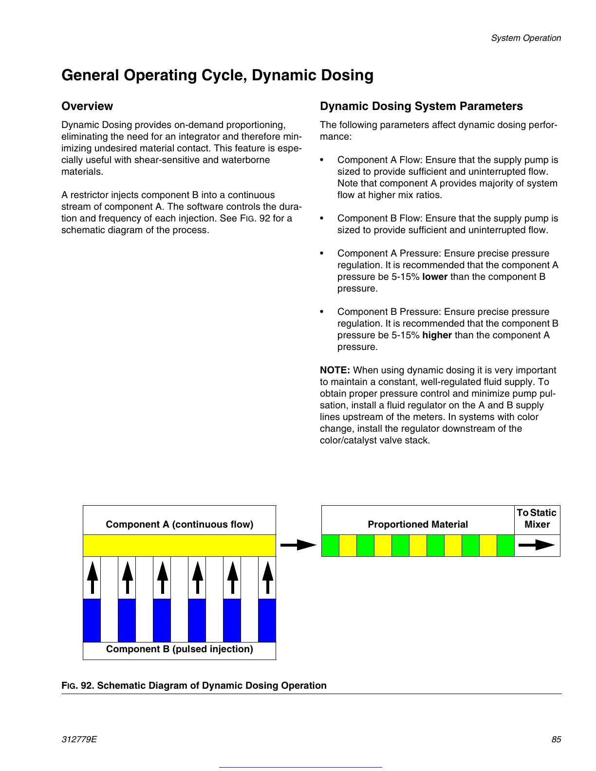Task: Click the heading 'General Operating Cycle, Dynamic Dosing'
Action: (217, 75)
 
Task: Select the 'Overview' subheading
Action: (87, 106)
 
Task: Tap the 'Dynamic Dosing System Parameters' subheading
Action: (421, 106)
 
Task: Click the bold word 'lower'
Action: (435, 277)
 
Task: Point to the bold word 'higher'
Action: (437, 335)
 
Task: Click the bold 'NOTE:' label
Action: (335, 370)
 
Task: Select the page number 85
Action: (556, 739)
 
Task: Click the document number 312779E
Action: (79, 739)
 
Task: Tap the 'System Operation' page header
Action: (526, 38)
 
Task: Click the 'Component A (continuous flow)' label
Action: (180, 524)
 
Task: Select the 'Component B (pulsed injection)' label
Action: (180, 649)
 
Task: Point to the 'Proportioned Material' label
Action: (418, 524)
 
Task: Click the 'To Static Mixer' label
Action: (537, 519)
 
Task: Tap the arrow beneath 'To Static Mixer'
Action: (537, 545)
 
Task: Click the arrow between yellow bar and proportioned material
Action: (298, 545)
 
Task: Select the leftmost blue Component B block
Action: (92, 620)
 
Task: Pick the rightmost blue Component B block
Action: (267, 620)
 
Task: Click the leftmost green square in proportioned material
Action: (331, 546)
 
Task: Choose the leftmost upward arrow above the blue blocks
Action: (92, 577)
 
